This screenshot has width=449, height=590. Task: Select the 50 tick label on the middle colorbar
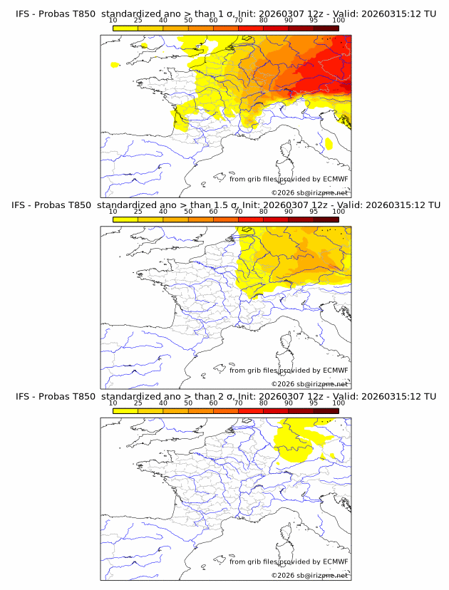click(x=188, y=212)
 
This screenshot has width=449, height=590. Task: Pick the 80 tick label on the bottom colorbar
click(x=263, y=402)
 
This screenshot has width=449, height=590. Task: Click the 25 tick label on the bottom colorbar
click(x=138, y=402)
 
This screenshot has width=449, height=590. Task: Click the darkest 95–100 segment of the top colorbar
click(x=326, y=29)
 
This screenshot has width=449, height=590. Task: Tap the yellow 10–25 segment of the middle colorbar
click(x=125, y=219)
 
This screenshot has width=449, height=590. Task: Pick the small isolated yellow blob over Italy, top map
click(x=329, y=143)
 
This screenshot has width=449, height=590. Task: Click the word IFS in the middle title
click(x=22, y=206)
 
